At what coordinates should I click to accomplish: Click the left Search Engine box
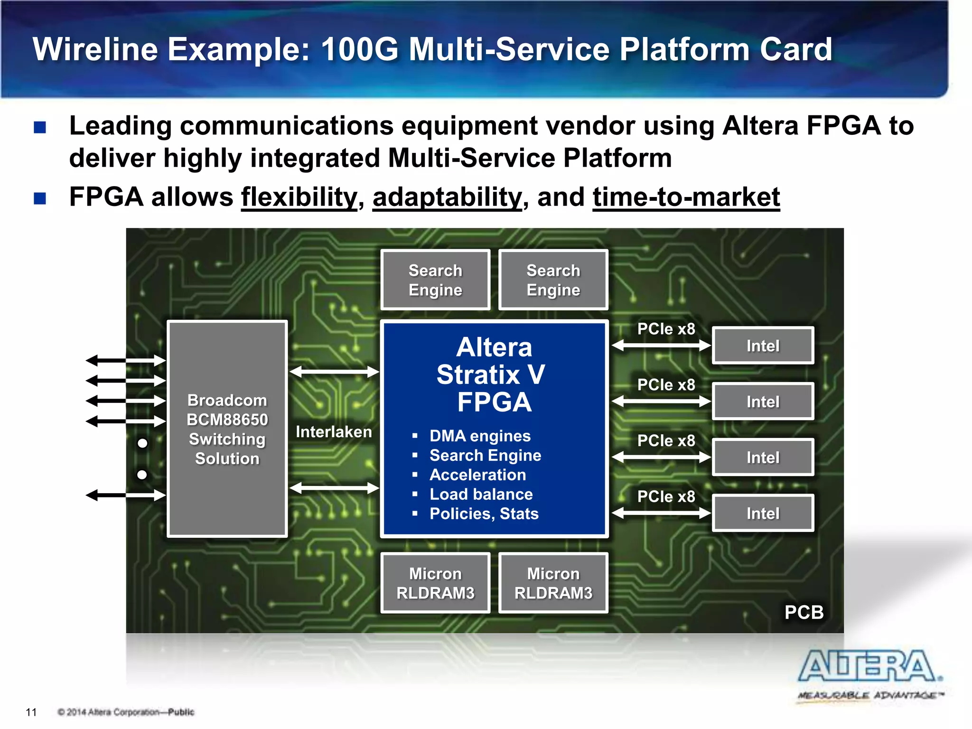pos(435,280)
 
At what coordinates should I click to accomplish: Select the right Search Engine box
pos(553,280)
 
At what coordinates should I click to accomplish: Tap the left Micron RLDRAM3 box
pos(435,583)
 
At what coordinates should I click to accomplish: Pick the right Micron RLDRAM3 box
pos(553,583)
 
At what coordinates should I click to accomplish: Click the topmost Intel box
pos(763,346)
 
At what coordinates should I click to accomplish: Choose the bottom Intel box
pos(763,513)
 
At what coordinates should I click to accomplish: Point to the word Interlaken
pos(334,432)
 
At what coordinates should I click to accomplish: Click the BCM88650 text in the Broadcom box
pos(227,420)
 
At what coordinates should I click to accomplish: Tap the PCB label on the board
pos(804,612)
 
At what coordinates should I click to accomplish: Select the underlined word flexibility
pos(299,197)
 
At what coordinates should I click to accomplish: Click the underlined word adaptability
pos(447,197)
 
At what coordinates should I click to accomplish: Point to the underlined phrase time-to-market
pos(686,197)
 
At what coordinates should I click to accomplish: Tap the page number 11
pos(31,712)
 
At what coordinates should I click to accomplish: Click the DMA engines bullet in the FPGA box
pos(480,436)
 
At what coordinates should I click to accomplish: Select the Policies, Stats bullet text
pos(484,514)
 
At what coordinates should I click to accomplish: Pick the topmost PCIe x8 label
pos(666,328)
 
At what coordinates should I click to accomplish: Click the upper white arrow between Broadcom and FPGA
pos(334,372)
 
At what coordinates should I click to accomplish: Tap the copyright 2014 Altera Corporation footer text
pos(126,712)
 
